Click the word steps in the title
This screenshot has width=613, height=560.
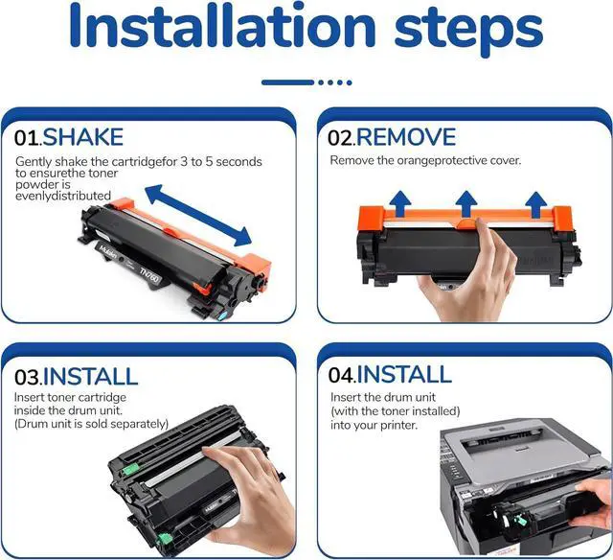[468, 32]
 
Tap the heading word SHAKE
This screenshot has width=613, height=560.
[83, 137]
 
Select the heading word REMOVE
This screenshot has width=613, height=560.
[406, 136]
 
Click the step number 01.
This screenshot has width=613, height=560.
[28, 138]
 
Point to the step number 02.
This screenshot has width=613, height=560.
[341, 138]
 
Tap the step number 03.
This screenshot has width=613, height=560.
[28, 377]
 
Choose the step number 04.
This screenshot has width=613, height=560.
[342, 375]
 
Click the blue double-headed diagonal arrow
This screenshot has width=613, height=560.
[198, 215]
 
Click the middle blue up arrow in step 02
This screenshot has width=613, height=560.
[466, 202]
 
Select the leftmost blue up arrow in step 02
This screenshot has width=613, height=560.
[400, 202]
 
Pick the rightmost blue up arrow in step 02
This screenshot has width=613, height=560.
[535, 203]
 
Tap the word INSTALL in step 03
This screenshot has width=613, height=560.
[90, 377]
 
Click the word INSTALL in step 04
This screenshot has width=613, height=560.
[404, 374]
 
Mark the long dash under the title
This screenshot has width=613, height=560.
[287, 82]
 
